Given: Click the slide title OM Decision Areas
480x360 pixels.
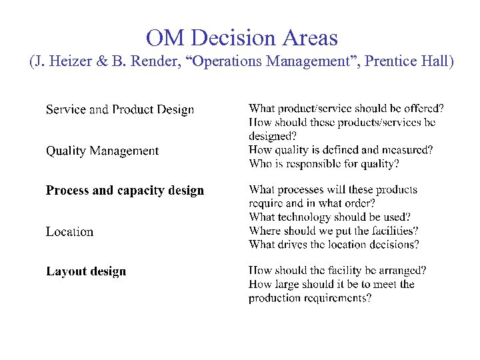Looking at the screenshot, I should (x=241, y=37).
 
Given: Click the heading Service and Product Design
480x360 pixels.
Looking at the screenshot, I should (x=120, y=109).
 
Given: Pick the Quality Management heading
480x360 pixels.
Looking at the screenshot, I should (x=102, y=151).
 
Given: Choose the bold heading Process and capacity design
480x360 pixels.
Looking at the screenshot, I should (x=125, y=191).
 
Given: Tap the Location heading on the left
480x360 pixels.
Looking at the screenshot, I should (x=69, y=232).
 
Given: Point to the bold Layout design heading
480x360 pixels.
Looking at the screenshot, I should (x=86, y=271).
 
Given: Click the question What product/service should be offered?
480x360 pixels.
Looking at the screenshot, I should (x=347, y=109).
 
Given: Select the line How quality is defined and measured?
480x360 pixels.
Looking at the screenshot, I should (x=341, y=150).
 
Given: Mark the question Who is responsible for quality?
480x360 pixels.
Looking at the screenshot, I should (x=324, y=163).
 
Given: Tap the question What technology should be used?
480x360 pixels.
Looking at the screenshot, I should (x=329, y=217).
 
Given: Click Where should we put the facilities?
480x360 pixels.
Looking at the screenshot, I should (x=333, y=231).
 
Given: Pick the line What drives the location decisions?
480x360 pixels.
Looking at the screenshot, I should (x=334, y=245).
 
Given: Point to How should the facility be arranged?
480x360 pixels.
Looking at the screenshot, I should (x=337, y=271).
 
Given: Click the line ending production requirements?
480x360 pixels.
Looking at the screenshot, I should (x=310, y=298).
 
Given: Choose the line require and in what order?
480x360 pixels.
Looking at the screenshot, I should (x=311, y=203).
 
